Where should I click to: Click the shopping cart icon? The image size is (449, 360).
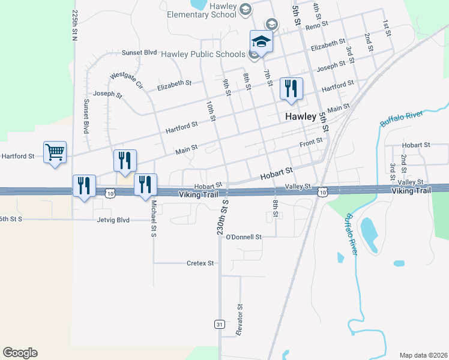[x=55, y=153]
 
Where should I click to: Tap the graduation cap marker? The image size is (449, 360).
[x=261, y=41]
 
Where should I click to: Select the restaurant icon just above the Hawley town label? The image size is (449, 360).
[x=291, y=89]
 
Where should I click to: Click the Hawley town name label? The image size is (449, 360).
[x=300, y=117]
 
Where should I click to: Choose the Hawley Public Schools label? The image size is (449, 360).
[x=203, y=54]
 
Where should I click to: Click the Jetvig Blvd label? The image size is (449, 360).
[x=114, y=220]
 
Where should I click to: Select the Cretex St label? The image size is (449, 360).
[x=200, y=263]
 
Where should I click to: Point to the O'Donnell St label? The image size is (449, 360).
[x=244, y=237]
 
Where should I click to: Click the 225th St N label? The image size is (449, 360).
[x=76, y=24]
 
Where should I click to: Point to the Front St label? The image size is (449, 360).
[x=311, y=141]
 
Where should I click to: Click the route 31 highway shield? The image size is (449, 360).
[x=220, y=324]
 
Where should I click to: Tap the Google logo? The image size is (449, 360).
[x=20, y=353]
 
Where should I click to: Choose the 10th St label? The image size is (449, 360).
[x=210, y=110]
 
